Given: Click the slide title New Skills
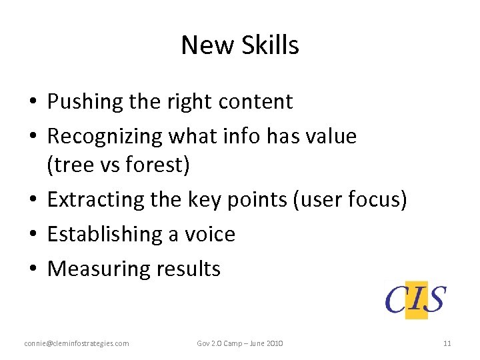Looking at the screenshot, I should point(240,45).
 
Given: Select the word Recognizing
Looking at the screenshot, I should point(105,137).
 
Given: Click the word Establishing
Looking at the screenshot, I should point(101,234).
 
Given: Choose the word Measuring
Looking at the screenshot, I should point(99,269).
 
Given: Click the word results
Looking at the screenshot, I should point(189,269).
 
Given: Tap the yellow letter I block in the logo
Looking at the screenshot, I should point(417,299).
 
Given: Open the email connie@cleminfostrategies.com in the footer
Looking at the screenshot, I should point(77,343).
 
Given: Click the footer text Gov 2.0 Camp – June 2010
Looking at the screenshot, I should point(240,343).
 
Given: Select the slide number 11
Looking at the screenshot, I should point(447,343).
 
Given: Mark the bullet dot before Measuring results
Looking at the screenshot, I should point(32,269).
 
